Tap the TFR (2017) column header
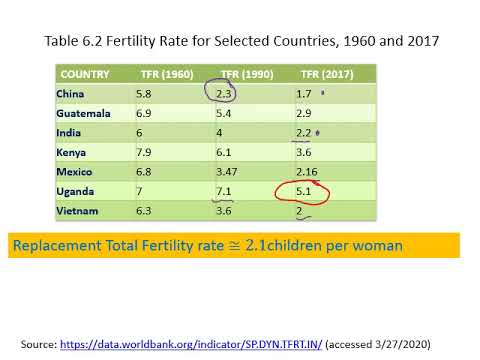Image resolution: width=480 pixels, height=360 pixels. click(x=325, y=74)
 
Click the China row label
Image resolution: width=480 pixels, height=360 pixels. click(x=72, y=93)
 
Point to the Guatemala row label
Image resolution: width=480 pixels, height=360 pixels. click(x=83, y=112)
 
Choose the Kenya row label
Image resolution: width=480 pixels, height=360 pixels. click(x=73, y=151)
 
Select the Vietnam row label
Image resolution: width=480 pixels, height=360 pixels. click(x=77, y=210)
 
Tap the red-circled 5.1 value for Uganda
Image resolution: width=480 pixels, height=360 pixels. click(x=306, y=190)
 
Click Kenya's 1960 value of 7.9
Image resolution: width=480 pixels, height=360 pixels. click(x=145, y=151)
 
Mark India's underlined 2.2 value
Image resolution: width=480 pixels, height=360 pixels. click(x=305, y=132)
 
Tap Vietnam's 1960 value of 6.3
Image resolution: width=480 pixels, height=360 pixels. click(x=145, y=210)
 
